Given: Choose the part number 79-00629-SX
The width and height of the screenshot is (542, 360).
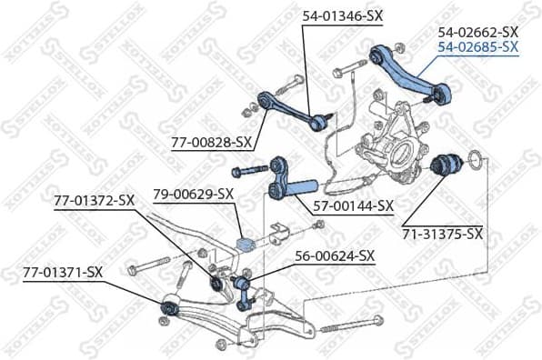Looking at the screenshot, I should click(x=194, y=194).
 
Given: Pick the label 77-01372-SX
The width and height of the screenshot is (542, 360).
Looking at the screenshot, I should click(x=94, y=200).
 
